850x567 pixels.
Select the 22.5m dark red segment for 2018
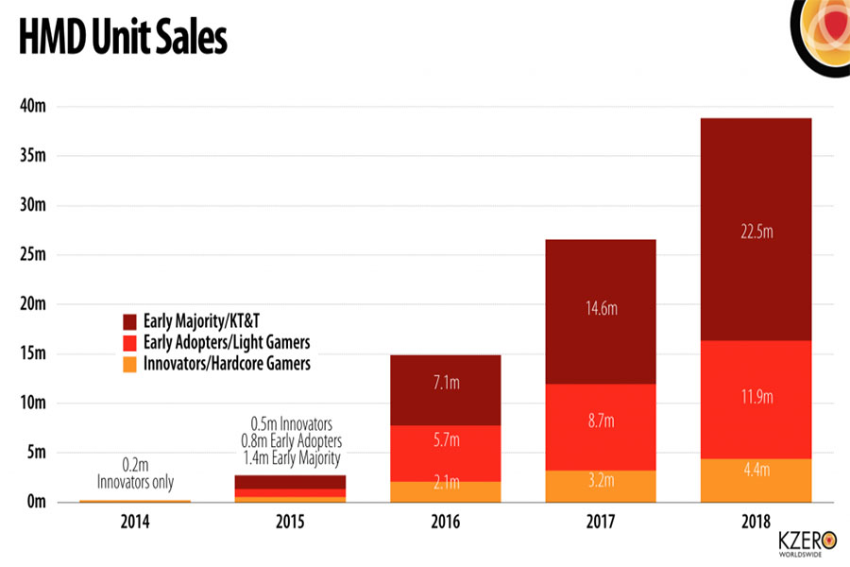pyautogui.click(x=756, y=230)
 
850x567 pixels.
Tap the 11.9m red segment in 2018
pyautogui.click(x=756, y=398)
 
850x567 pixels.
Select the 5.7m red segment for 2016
pyautogui.click(x=446, y=439)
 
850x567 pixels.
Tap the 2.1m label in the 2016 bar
pyautogui.click(x=446, y=484)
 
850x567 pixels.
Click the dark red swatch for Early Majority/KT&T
pyautogui.click(x=131, y=320)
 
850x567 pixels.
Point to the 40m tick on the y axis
pyautogui.click(x=33, y=106)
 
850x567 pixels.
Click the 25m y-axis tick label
pyautogui.click(x=33, y=254)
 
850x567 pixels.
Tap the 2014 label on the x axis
pyautogui.click(x=135, y=522)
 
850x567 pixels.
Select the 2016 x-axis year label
pyautogui.click(x=446, y=522)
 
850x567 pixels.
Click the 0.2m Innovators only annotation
pyautogui.click(x=136, y=474)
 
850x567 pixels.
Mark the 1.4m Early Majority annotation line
pyautogui.click(x=291, y=457)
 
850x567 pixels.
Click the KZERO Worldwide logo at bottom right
pyautogui.click(x=807, y=542)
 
